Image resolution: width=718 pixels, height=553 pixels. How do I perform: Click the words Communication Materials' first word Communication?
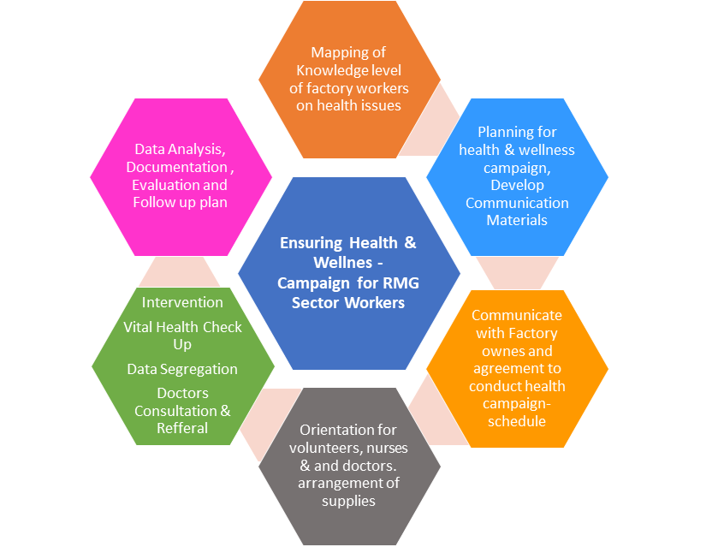coord(517,203)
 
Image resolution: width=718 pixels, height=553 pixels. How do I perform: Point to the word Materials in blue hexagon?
coord(517,220)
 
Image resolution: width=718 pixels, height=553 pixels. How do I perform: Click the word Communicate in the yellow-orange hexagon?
coord(517,315)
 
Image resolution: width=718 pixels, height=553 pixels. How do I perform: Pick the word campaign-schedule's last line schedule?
coord(517,421)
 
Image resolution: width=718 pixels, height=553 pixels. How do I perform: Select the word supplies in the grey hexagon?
coord(348,501)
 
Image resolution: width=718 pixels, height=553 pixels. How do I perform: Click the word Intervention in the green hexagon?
coord(182,302)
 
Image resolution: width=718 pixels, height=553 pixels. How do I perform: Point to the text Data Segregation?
coord(182,369)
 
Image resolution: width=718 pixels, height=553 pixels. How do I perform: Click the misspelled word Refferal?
coord(182,428)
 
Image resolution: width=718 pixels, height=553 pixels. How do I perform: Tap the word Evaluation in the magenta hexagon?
coord(169,185)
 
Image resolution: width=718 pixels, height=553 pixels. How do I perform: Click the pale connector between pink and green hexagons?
coord(180,271)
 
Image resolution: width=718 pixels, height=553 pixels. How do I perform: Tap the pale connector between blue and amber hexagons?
coord(516,272)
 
